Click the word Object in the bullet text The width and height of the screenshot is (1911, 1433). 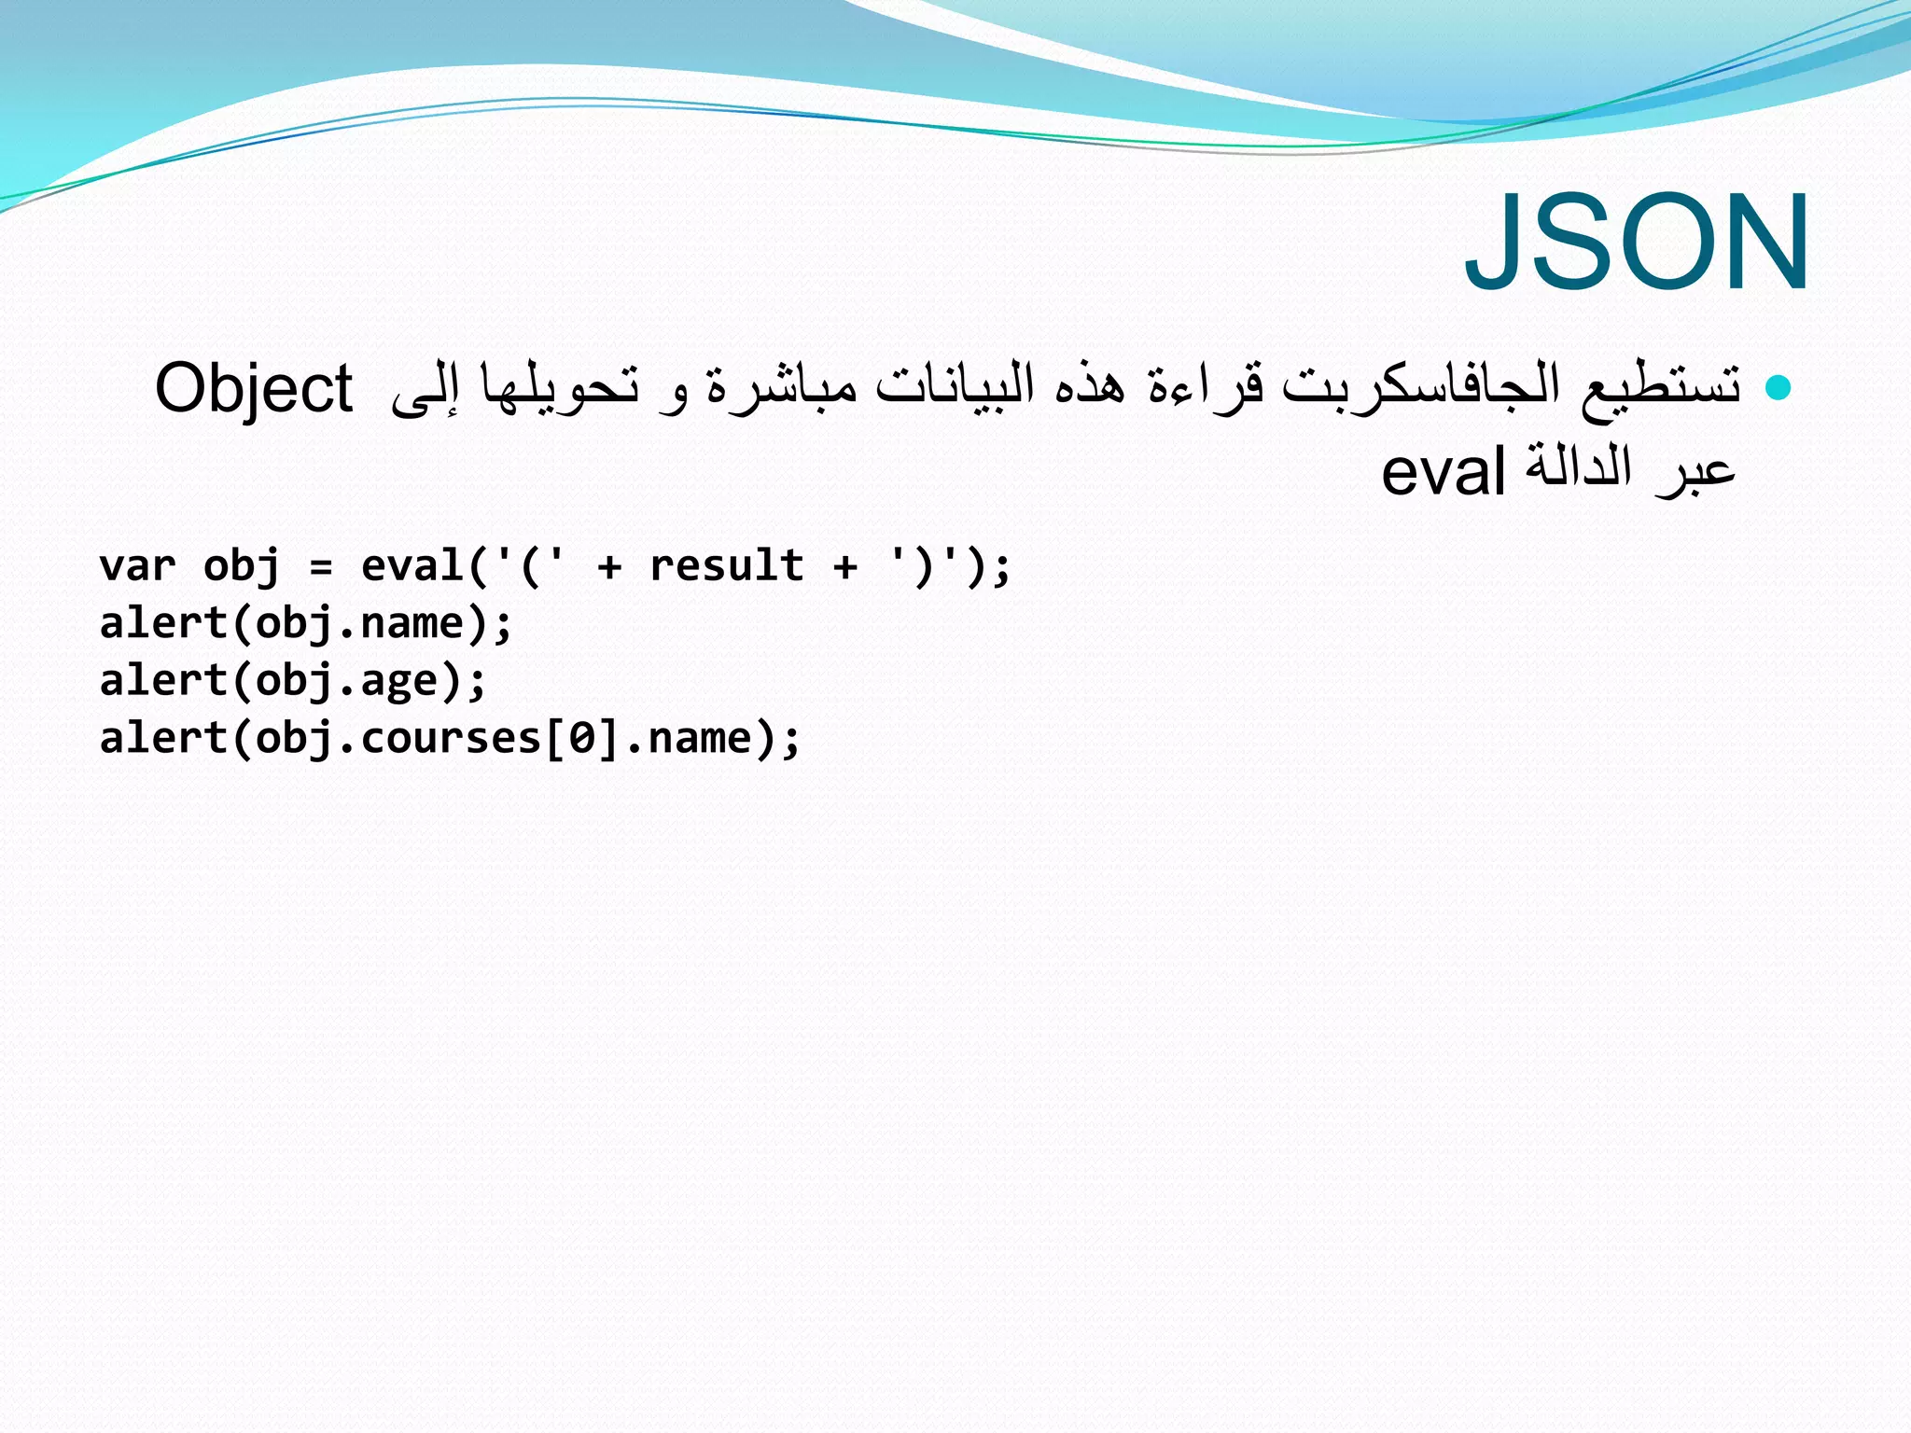[254, 388]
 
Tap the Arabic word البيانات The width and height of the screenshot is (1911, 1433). [955, 385]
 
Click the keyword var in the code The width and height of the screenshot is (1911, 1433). [138, 566]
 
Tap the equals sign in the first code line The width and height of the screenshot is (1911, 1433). [320, 566]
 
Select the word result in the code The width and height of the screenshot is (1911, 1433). [726, 566]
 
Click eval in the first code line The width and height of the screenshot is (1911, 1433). [411, 566]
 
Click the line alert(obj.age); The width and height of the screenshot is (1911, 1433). [293, 681]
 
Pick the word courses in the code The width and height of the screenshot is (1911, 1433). [451, 739]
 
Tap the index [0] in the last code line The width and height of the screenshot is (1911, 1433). [582, 739]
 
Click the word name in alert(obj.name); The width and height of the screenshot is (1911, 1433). [411, 624]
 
